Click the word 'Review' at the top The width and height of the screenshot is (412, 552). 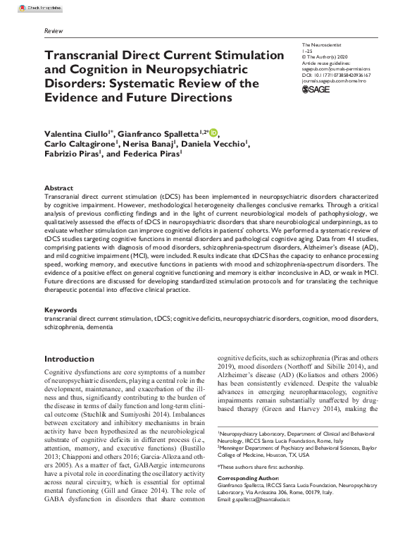(53, 32)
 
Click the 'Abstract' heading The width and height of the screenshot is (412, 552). (58, 188)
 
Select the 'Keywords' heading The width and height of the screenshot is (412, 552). (61, 309)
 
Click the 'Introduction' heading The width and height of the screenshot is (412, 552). (69, 360)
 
